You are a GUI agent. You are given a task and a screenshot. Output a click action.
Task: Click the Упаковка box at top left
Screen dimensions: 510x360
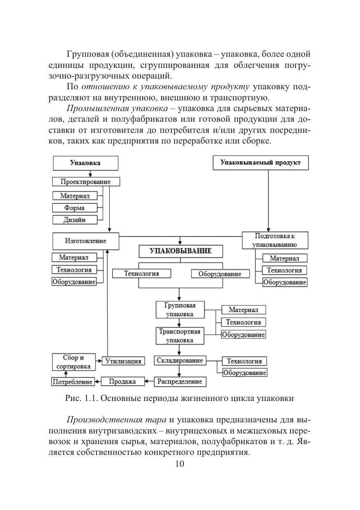85,163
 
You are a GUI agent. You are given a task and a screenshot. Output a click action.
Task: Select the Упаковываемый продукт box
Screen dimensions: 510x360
260,162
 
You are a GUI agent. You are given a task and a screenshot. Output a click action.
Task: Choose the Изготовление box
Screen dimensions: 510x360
85,241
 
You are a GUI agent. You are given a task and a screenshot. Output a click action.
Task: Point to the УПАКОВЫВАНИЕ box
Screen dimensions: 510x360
180,251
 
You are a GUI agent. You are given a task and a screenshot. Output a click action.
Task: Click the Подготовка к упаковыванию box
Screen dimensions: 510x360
275,241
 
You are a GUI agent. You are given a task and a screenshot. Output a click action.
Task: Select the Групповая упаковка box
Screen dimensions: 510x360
180,310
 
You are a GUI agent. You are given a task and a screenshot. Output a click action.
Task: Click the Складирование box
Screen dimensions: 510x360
180,361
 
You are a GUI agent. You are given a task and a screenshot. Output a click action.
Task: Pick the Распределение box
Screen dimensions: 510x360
180,382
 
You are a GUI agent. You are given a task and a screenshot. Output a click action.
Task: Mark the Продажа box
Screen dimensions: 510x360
122,382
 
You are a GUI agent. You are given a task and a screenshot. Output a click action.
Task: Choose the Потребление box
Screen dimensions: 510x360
72,382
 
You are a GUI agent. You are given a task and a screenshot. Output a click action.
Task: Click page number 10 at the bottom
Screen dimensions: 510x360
180,464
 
